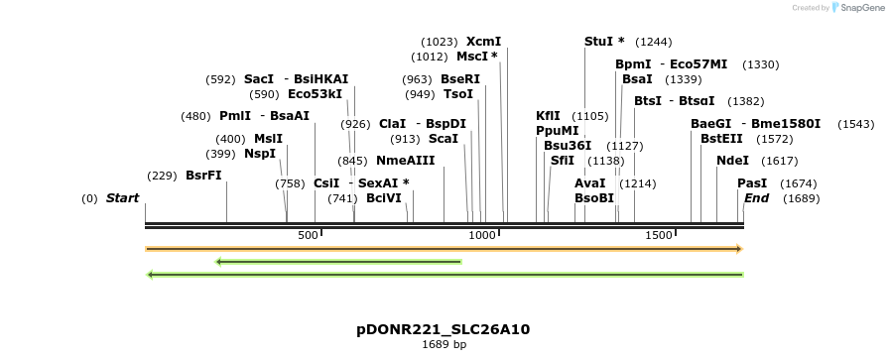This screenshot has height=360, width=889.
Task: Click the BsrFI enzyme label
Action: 203,176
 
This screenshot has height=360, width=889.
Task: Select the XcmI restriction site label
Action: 484,42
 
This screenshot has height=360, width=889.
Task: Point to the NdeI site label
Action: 732,161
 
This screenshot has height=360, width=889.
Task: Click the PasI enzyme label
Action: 752,183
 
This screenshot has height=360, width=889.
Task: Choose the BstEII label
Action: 721,139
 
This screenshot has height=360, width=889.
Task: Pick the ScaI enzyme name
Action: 443,139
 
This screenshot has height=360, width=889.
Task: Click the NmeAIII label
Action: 406,161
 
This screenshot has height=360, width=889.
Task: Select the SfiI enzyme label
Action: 563,161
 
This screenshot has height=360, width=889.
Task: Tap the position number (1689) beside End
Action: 802,198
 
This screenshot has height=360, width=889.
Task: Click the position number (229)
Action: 162,176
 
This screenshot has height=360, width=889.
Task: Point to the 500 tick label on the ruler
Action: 308,235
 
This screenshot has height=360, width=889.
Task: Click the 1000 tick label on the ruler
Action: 482,235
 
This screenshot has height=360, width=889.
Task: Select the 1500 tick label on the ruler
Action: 659,235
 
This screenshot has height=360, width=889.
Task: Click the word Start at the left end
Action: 122,198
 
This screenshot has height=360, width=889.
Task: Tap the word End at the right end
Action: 756,198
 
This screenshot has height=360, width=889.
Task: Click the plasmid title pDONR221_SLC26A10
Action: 444,329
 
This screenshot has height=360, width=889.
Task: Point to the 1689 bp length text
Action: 444,345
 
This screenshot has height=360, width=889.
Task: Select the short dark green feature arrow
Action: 338,262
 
